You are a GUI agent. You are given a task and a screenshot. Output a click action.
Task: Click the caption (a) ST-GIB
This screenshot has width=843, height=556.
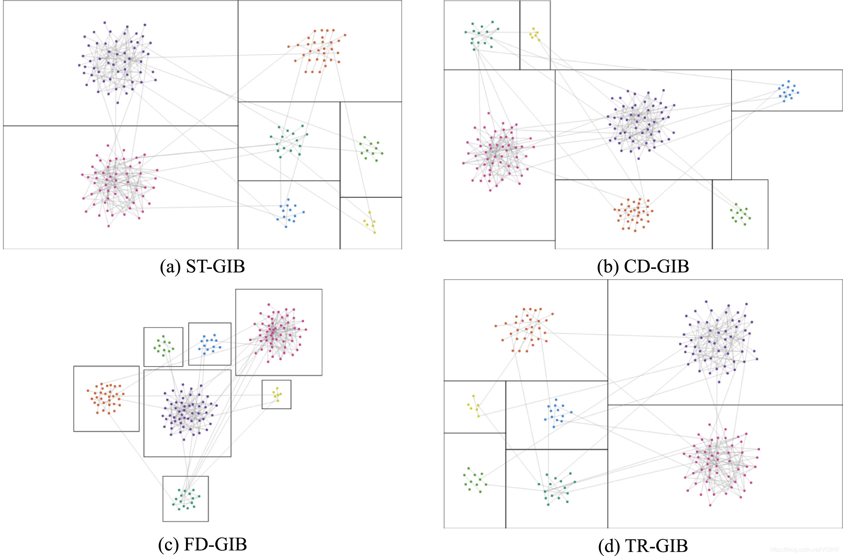(202, 266)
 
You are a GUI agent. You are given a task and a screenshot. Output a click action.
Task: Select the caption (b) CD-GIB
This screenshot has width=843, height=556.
(643, 266)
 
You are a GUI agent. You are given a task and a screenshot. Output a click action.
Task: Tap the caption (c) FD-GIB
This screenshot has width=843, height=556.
(202, 544)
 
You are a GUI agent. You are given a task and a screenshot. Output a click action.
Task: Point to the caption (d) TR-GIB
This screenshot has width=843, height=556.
(643, 546)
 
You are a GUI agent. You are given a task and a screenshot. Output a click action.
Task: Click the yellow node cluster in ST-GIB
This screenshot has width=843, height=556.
(370, 222)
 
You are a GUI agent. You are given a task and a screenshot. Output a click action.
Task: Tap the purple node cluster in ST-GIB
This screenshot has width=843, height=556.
(116, 62)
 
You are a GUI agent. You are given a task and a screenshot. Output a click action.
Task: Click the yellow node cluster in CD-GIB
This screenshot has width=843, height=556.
(535, 34)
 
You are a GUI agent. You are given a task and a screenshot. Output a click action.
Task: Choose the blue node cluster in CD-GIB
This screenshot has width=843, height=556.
(788, 91)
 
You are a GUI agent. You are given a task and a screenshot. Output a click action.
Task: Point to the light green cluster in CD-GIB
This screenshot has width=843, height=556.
(740, 214)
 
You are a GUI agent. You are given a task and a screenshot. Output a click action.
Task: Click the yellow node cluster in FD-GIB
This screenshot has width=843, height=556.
(277, 394)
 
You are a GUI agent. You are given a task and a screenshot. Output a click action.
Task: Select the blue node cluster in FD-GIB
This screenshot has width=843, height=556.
(210, 344)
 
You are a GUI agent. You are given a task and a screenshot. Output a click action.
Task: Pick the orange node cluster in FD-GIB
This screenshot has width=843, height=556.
(106, 398)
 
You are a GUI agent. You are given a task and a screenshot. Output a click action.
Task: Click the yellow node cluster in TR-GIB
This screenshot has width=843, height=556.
(474, 407)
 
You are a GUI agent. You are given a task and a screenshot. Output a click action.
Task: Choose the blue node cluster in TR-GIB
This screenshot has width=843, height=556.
(557, 413)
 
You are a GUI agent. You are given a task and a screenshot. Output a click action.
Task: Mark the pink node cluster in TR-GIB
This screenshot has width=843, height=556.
(720, 465)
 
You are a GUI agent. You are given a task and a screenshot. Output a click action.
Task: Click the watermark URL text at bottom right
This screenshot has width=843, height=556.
(804, 549)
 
